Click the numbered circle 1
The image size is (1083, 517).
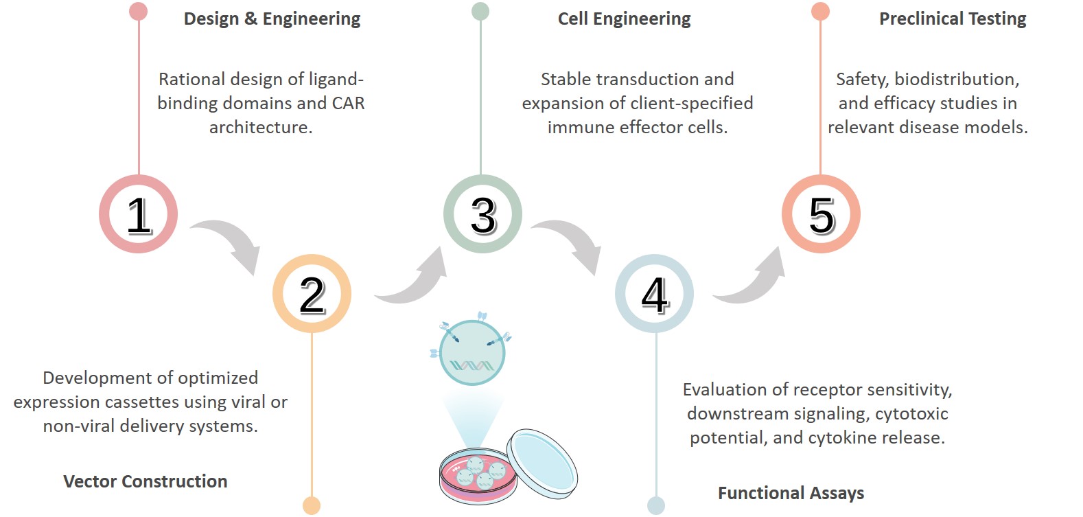(139, 214)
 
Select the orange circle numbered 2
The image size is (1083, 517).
(312, 294)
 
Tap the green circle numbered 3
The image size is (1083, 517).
(482, 214)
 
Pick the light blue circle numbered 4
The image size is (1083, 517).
(654, 294)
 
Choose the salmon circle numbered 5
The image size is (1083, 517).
(821, 214)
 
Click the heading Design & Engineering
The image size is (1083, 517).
(272, 19)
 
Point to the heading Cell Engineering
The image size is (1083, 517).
(624, 19)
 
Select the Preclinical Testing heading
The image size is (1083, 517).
(953, 19)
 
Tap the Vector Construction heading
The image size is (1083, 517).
(145, 481)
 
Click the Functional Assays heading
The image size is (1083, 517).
(791, 493)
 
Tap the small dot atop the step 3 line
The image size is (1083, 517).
(480, 11)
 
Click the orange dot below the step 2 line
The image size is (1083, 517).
(312, 505)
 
